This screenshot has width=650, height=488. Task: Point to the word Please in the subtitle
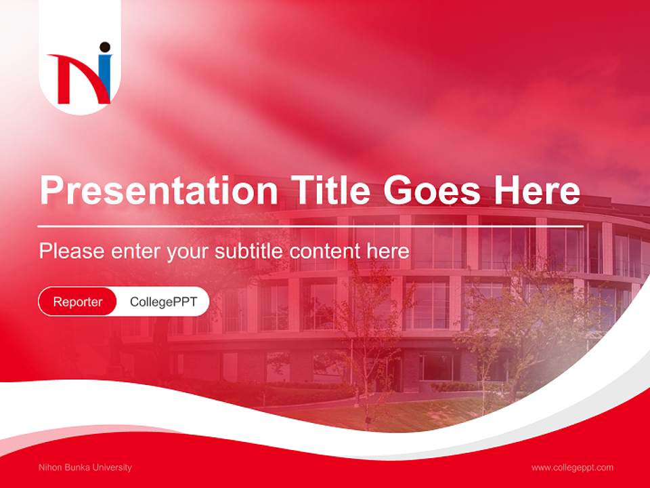pyautogui.click(x=71, y=251)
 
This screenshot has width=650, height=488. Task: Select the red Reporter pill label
pyautogui.click(x=78, y=302)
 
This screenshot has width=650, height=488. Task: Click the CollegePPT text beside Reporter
pyautogui.click(x=163, y=302)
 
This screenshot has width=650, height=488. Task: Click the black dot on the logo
pyautogui.click(x=104, y=47)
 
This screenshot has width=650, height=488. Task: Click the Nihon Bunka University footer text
pyautogui.click(x=85, y=468)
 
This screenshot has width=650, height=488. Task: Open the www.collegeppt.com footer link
pyautogui.click(x=572, y=468)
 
